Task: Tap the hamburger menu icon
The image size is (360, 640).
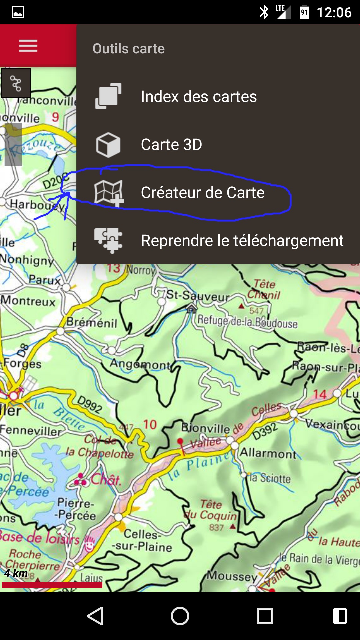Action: (28, 46)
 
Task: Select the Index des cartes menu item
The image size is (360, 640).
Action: (199, 97)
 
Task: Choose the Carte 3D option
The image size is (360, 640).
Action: (171, 145)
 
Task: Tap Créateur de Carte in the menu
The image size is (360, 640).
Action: (203, 193)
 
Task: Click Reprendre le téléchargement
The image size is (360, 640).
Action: (242, 241)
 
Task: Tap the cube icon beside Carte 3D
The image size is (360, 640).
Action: (108, 145)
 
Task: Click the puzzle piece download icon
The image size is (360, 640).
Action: (108, 240)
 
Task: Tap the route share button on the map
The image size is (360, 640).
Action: (16, 83)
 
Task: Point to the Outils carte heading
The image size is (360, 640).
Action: (129, 49)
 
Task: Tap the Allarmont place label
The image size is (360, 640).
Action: (268, 453)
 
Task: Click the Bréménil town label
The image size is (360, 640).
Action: (92, 323)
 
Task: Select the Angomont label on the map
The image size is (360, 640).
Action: (140, 364)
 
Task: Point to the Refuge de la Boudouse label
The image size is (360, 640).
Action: (247, 321)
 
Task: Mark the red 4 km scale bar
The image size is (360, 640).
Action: (52, 585)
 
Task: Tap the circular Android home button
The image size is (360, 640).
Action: (180, 616)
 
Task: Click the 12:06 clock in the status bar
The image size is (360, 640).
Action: (334, 13)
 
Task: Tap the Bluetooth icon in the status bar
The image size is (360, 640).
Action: (264, 13)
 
